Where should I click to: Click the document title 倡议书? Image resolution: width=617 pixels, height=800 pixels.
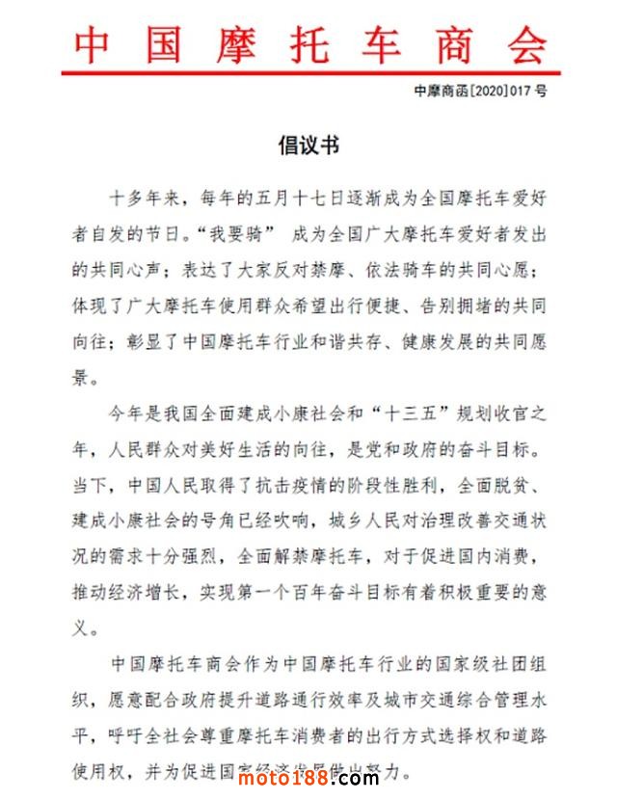tap(308, 146)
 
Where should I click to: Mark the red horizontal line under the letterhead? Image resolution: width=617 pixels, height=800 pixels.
tap(308, 71)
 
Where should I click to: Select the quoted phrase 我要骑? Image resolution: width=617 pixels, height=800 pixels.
tap(234, 234)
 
